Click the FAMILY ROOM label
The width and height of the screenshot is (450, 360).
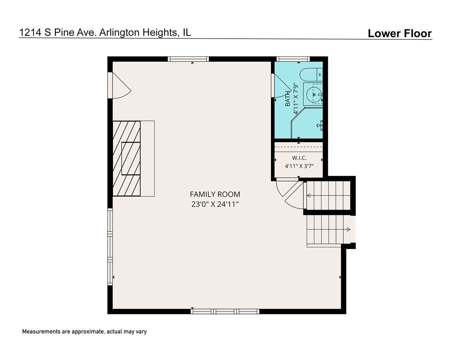pos(215,194)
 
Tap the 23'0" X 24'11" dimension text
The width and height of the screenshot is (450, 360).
pos(215,204)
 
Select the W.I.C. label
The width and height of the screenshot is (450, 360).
pos(299,158)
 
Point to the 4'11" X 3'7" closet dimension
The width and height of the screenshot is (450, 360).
pos(299,166)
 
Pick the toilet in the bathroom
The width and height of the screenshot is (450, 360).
pos(311,75)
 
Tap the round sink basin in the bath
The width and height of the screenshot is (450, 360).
pos(314,95)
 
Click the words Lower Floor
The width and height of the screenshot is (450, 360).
pos(400,33)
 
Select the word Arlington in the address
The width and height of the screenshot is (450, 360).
pos(119,33)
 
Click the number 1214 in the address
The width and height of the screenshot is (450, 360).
pos(30,33)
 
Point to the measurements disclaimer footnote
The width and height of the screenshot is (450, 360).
pos(84,332)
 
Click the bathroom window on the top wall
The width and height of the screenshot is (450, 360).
pos(293,59)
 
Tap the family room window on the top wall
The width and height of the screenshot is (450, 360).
pos(188,59)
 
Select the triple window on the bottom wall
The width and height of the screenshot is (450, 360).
pos(225,311)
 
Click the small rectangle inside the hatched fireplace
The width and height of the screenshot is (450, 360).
pos(131,159)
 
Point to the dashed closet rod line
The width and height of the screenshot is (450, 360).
pos(299,147)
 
